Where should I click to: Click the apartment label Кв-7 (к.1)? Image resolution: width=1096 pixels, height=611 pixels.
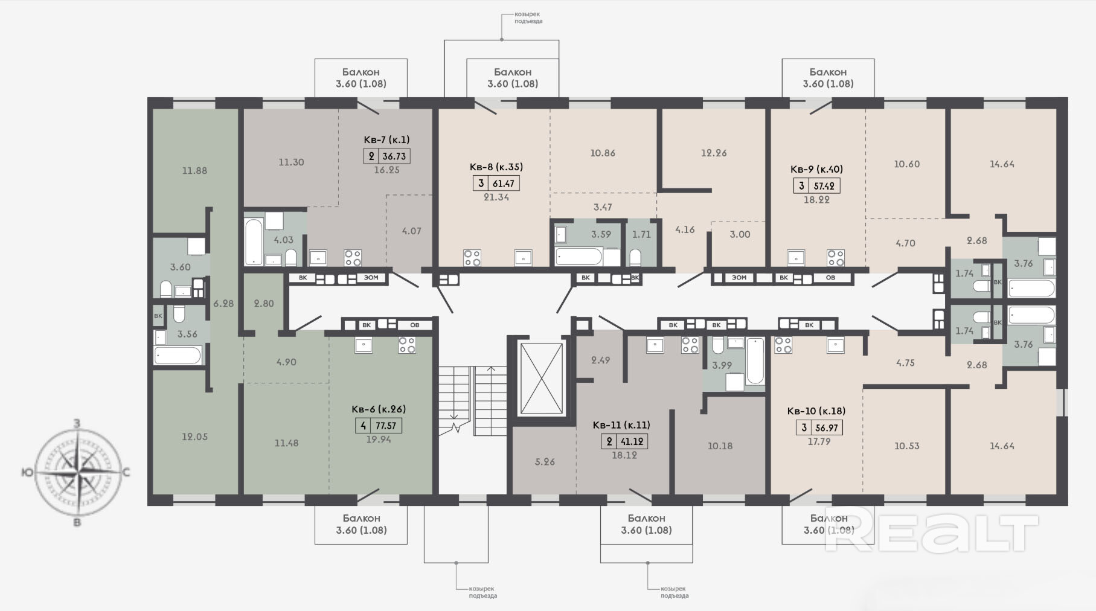(386, 139)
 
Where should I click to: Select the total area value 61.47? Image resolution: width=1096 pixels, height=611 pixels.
(504, 183)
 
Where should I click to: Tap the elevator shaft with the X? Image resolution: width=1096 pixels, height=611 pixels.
(540, 378)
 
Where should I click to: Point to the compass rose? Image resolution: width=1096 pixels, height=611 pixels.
(76, 472)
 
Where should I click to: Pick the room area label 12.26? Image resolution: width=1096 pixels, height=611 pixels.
(714, 153)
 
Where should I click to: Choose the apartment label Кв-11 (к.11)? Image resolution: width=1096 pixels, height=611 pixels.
(621, 424)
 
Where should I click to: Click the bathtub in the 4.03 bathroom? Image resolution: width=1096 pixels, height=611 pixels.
(254, 242)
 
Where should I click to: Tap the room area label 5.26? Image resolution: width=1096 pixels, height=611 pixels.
(545, 462)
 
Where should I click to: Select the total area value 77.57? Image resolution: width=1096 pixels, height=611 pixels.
(386, 425)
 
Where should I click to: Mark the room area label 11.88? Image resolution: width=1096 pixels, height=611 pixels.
(194, 170)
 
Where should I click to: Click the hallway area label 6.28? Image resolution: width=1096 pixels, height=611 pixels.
(223, 303)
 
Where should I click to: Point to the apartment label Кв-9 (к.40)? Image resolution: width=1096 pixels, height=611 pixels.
(816, 169)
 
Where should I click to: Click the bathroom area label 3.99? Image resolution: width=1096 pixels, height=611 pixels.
(722, 365)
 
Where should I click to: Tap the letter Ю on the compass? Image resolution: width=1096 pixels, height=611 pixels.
(27, 472)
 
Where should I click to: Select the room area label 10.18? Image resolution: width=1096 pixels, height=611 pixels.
(720, 446)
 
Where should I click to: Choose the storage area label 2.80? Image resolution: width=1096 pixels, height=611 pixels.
(264, 303)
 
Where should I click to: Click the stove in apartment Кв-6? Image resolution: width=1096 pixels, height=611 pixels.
(407, 345)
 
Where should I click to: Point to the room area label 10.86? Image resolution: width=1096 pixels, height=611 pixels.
(603, 153)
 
